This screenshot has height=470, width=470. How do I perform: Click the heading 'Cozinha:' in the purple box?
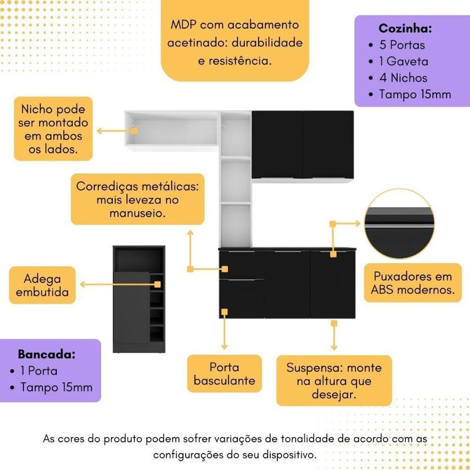tap(405, 28)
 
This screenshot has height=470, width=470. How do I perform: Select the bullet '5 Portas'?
tap(403, 45)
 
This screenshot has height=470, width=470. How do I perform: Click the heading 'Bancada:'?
tap(47, 355)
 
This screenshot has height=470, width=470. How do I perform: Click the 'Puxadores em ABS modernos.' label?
tap(412, 283)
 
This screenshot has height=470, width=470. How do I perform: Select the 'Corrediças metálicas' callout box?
tap(137, 199)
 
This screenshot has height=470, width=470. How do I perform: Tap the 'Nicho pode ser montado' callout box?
tap(53, 129)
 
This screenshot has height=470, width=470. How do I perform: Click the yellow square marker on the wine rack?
tap(158, 284)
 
